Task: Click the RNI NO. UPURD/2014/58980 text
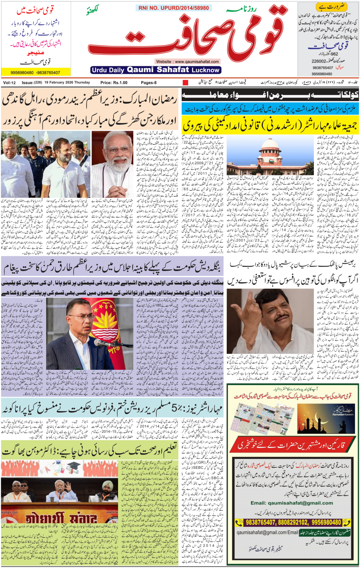[173, 8]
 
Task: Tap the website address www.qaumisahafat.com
[187, 61]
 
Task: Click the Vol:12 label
[10, 83]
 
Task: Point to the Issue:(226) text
[32, 83]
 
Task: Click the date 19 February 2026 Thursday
[67, 83]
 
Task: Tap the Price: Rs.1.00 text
[114, 83]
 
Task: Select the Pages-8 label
[149, 83]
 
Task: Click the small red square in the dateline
[186, 83]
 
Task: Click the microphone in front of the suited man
[98, 342]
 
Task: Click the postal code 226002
[318, 61]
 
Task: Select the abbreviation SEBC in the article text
[198, 467]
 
